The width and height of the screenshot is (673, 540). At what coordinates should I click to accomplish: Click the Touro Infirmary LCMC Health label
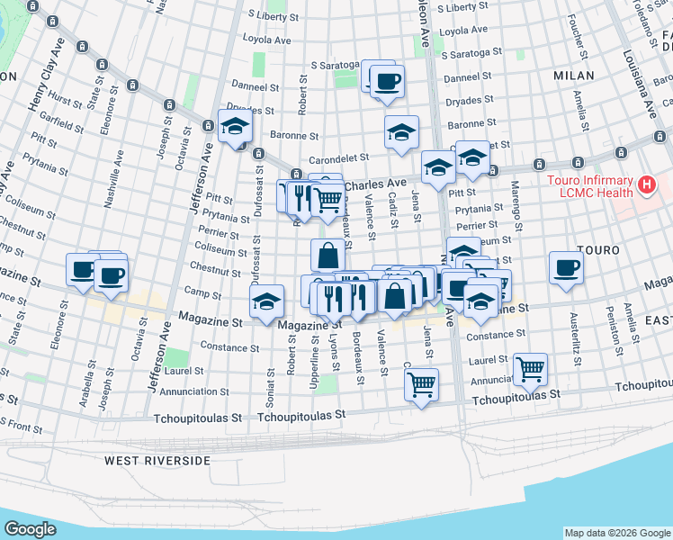(590, 187)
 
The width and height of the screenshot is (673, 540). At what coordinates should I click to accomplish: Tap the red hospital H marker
(644, 186)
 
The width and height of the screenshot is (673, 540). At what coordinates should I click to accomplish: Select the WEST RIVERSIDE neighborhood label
(157, 460)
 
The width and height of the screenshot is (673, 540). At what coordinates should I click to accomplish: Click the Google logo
(30, 528)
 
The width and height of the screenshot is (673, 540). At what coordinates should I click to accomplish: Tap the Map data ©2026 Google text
(616, 533)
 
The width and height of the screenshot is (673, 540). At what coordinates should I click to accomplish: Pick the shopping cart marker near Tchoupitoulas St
(421, 384)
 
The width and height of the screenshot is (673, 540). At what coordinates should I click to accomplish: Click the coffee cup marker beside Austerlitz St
(567, 267)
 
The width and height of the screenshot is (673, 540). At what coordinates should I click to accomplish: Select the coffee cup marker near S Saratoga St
(386, 81)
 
